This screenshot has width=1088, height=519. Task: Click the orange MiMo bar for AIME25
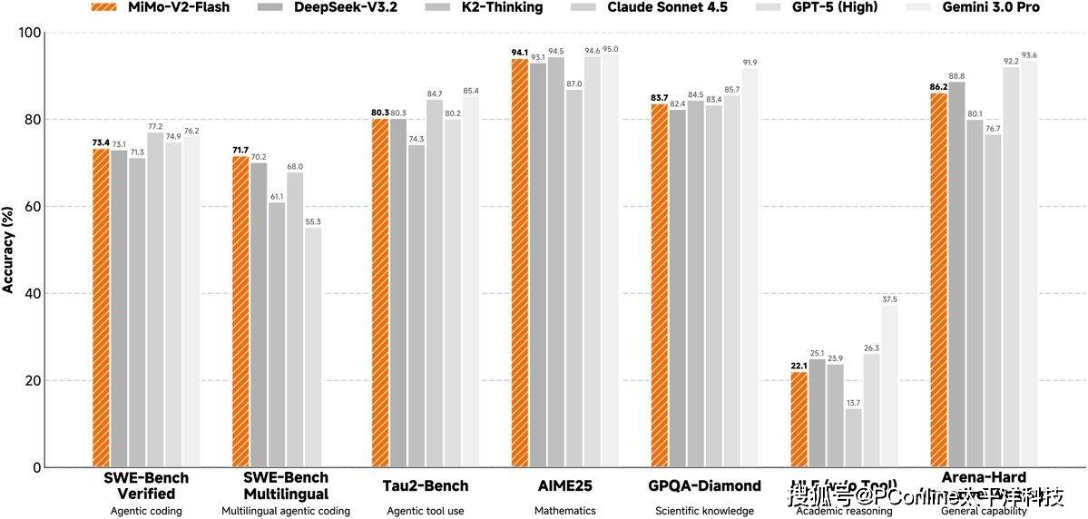(x=520, y=263)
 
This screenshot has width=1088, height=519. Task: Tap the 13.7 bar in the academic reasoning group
(x=853, y=437)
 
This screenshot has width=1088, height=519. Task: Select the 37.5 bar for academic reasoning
(x=889, y=386)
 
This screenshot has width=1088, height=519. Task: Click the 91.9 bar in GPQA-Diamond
(x=750, y=268)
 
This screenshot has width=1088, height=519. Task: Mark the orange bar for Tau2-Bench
(x=380, y=292)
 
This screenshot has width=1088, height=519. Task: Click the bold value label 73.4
(x=101, y=142)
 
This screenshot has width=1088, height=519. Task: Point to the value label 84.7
(x=434, y=93)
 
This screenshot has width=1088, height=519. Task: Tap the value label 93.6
(x=1029, y=55)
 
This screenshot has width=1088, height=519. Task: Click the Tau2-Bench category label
(x=425, y=485)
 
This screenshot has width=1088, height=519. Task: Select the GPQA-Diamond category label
(x=704, y=485)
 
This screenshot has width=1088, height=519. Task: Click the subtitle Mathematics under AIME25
(x=564, y=511)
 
